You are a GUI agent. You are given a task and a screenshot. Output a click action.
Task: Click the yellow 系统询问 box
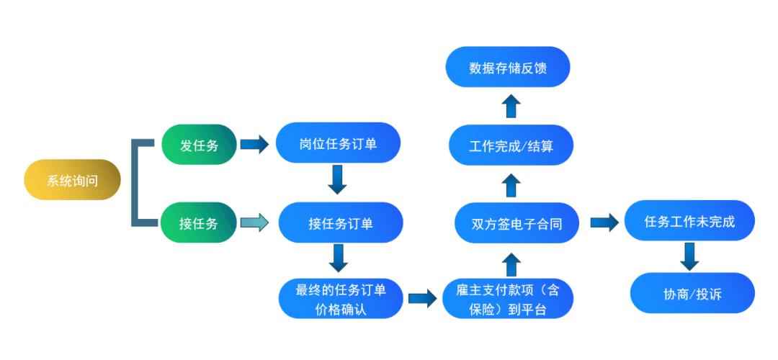click(x=73, y=179)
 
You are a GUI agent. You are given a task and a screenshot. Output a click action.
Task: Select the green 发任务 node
click(x=199, y=144)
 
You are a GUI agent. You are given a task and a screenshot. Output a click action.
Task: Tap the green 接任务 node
click(x=199, y=222)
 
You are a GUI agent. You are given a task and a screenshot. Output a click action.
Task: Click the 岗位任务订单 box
click(x=338, y=143)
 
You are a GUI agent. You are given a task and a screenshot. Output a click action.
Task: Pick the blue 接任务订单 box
click(x=341, y=222)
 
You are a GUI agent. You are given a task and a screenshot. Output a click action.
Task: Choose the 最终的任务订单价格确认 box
click(x=341, y=299)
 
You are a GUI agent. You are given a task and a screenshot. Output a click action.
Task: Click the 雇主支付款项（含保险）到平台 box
click(x=508, y=299)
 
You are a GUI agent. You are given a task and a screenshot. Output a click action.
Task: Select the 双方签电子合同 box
click(x=517, y=222)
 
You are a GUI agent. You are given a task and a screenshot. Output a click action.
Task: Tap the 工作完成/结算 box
click(x=511, y=145)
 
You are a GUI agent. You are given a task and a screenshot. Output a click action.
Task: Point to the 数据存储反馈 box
click(x=508, y=67)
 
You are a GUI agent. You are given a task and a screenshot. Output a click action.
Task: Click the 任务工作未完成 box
click(x=689, y=220)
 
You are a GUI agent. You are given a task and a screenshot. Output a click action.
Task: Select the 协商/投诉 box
click(x=692, y=293)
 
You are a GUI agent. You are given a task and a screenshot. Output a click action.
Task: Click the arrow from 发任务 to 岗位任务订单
click(x=254, y=144)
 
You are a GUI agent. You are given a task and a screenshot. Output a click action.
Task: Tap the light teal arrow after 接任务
click(x=254, y=222)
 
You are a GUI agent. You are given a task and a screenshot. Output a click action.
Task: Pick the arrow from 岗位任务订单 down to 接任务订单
click(x=337, y=179)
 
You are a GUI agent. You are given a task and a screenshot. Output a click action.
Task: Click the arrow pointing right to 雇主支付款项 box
click(x=422, y=299)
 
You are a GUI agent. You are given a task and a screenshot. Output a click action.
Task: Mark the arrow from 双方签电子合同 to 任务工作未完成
click(x=604, y=222)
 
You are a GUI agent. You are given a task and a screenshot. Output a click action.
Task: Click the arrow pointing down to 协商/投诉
click(x=689, y=256)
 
